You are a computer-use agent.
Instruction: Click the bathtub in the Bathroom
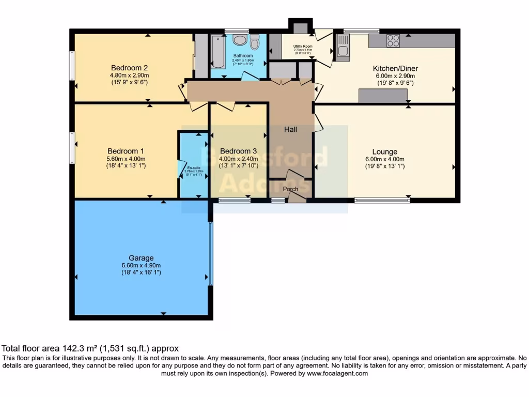pos(217,52)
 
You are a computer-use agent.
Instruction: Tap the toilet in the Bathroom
pos(254,42)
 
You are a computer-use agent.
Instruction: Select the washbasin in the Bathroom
pos(240,40)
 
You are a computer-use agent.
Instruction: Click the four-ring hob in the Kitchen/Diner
pos(393,40)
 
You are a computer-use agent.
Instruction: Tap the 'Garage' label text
pos(142,258)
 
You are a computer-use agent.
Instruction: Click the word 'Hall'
pos(290,129)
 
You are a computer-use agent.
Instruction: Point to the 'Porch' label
pos(291,189)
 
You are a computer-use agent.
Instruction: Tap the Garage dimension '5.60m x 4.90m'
pos(142,266)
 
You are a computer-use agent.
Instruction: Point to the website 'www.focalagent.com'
pos(336,373)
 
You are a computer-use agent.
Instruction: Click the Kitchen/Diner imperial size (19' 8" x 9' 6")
pos(395,83)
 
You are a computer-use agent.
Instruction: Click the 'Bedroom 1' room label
pos(126,151)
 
